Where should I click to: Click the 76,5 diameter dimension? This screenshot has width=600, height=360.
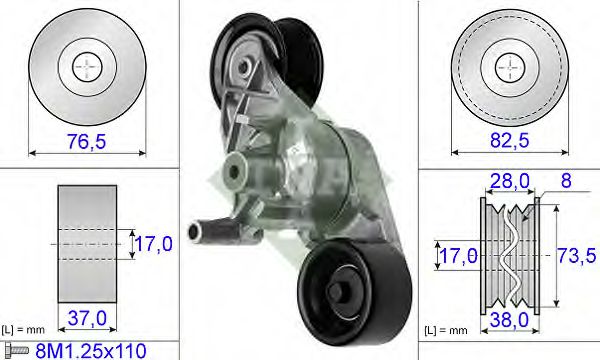pyautogui.click(x=86, y=141)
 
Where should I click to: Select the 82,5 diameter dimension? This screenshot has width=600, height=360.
pyautogui.click(x=510, y=140)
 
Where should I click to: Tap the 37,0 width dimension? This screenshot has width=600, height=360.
pyautogui.click(x=87, y=318)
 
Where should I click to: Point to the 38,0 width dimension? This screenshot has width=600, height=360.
pyautogui.click(x=509, y=319)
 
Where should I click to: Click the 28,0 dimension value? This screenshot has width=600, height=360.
pyautogui.click(x=510, y=181)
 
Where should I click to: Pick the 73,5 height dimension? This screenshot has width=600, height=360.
pyautogui.click(x=576, y=255)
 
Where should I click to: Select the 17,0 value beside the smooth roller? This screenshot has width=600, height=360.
pyautogui.click(x=153, y=244)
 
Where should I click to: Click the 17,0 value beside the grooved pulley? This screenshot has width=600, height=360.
pyautogui.click(x=458, y=256)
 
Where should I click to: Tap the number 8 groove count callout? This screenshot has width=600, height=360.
pyautogui.click(x=566, y=180)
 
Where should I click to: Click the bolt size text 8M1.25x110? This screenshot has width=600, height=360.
pyautogui.click(x=91, y=351)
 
